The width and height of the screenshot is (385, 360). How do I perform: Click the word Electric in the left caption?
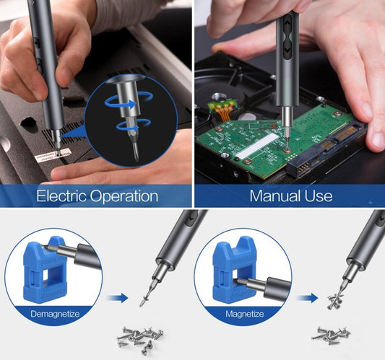click(61, 196)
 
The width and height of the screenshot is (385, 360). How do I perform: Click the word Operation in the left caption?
click(124, 197)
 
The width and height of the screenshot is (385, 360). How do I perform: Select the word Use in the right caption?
click(319, 196)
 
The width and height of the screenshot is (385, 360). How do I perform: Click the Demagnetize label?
click(55, 314)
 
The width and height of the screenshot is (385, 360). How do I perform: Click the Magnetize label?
click(245, 314)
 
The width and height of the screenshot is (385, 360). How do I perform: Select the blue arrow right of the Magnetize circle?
click(308, 298)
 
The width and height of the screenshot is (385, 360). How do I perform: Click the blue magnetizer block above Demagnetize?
click(45, 269)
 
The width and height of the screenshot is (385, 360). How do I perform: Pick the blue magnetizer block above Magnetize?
click(234, 269)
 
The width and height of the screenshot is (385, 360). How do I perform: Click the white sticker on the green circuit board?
click(257, 145)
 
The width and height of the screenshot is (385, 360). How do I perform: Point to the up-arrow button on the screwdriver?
click(287, 24)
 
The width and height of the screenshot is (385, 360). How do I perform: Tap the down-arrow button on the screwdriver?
click(287, 51)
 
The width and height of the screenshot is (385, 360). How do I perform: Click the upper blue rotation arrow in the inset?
click(129, 100)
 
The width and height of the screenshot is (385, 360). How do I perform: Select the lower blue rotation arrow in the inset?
click(134, 125)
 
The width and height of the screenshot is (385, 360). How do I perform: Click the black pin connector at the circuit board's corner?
click(300, 167)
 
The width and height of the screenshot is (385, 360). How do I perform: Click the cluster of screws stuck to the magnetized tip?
click(335, 302)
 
